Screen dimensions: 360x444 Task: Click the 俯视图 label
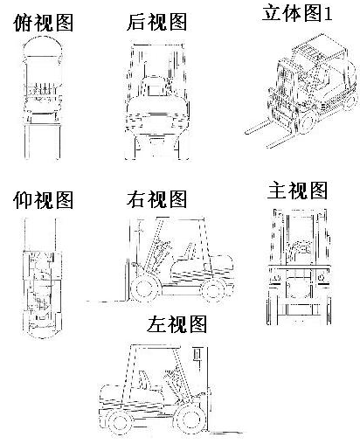tap(44, 23)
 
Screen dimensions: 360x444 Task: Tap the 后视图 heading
tap(157, 22)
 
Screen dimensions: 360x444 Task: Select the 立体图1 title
tap(297, 12)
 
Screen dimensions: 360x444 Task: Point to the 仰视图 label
tap(43, 200)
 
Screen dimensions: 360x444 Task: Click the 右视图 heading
tap(156, 199)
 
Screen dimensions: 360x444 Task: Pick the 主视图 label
tap(297, 191)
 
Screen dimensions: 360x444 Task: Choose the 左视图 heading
tap(177, 324)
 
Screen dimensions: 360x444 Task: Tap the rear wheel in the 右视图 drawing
tap(214, 290)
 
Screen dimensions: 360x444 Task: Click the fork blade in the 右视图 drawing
tap(107, 302)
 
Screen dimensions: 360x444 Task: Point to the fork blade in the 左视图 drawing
tap(226, 432)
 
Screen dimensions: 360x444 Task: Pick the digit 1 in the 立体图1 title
tap(329, 13)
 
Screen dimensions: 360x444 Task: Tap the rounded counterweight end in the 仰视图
tap(43, 334)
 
